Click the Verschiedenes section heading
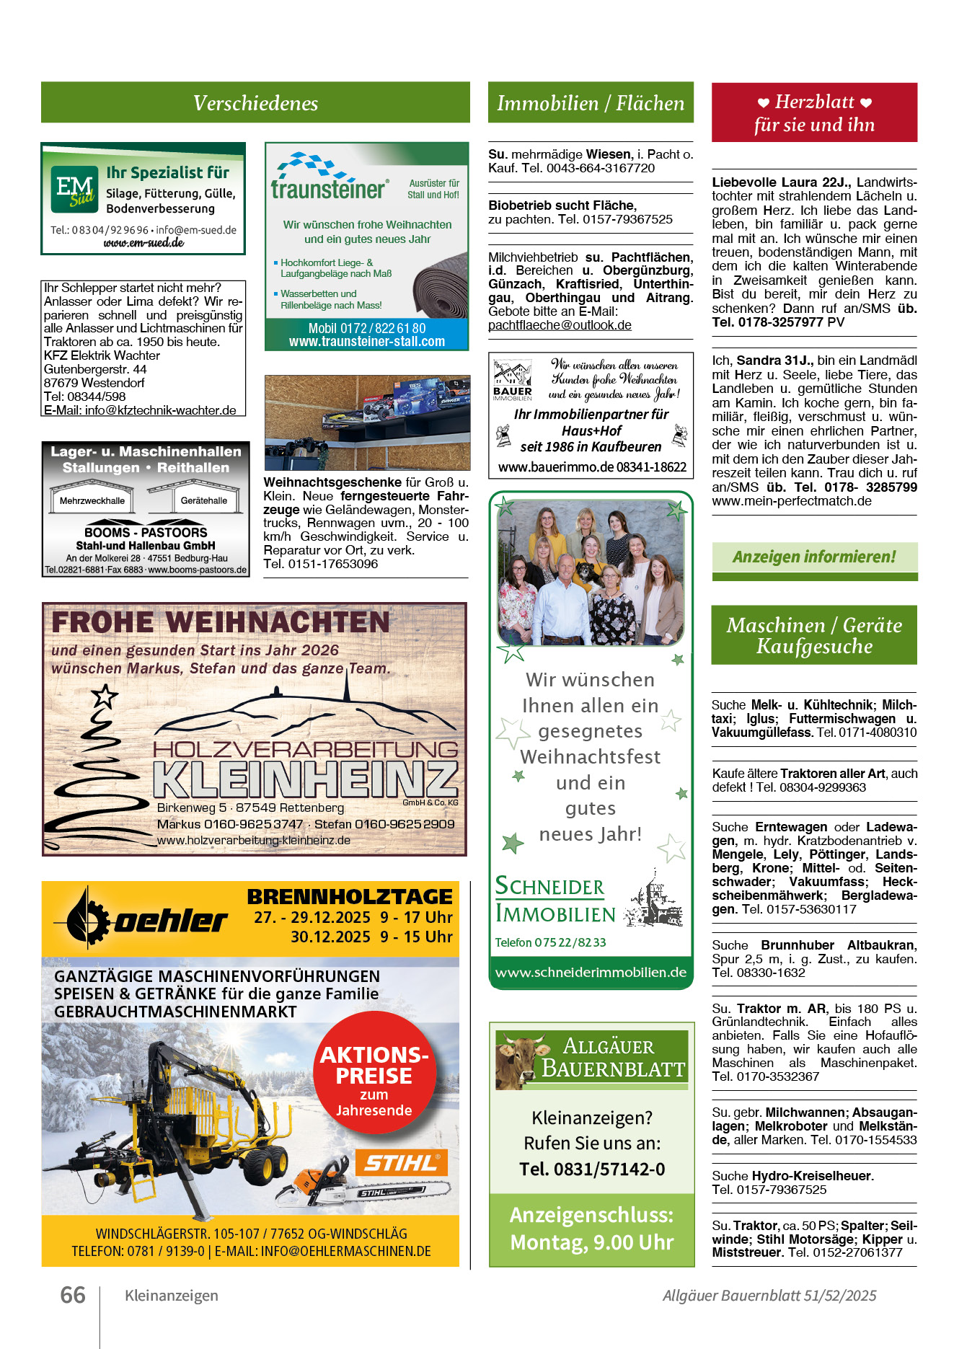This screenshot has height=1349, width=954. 255,103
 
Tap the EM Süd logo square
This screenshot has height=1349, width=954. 74,189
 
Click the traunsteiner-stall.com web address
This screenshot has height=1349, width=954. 367,342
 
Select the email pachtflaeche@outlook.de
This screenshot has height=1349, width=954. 560,325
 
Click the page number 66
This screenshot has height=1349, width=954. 73,1295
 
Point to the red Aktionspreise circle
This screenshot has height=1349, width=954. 374,1074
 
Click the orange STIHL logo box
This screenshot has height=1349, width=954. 401,1162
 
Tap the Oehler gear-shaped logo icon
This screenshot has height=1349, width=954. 87,918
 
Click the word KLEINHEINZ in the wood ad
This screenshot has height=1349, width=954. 306,779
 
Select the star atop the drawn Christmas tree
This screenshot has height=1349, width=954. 105,696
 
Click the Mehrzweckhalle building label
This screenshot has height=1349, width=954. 92,500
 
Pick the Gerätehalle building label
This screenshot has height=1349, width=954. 204,500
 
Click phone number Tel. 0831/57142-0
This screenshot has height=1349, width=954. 592,1169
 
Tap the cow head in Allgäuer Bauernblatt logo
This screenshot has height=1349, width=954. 518,1060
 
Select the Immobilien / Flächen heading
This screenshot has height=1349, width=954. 591,103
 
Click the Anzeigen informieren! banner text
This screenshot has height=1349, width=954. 814,557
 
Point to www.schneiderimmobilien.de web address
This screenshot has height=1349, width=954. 591,972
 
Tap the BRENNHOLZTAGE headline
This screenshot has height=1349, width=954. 350,896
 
